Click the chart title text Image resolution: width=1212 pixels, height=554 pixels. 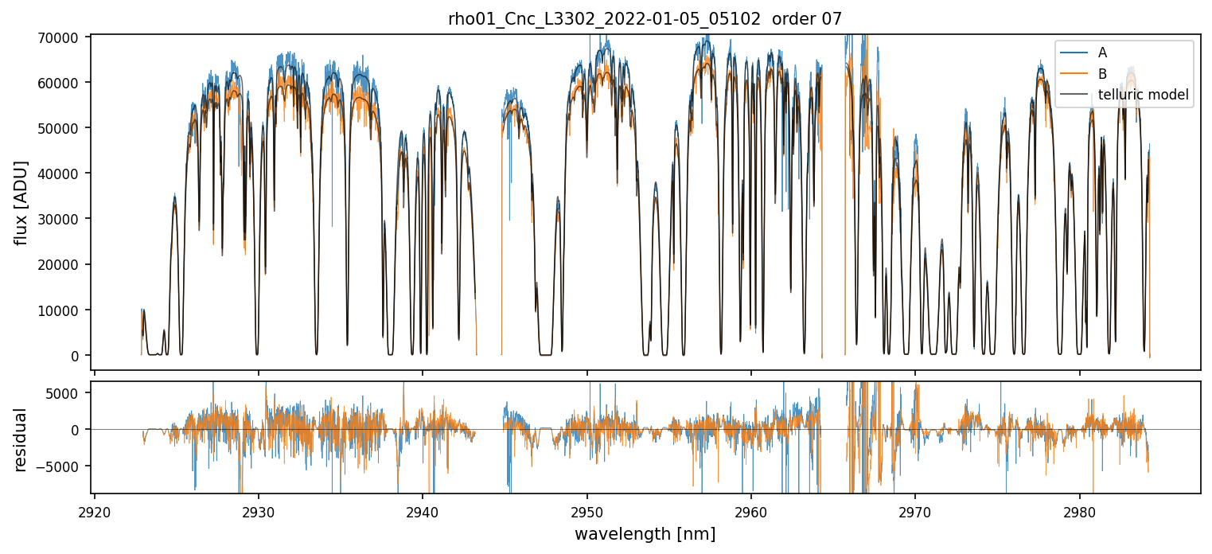645,19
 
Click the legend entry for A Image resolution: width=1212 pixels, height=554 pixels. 1102,53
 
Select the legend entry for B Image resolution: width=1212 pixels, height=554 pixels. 1102,74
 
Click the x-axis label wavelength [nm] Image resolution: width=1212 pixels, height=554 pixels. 645,533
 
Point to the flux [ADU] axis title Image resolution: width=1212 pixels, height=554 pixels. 21,202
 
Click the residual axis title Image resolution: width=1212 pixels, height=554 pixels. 21,439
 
